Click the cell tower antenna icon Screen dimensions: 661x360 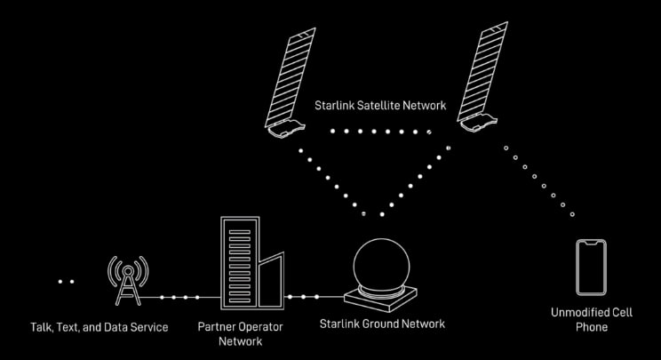coord(128,280)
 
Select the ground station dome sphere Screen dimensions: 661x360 coord(381,265)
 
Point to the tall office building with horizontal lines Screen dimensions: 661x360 coord(240,262)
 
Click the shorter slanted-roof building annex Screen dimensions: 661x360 coord(271,281)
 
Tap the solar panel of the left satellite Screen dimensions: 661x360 coord(291,77)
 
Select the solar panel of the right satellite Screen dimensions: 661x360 coord(482,72)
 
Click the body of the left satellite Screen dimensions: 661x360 coord(287,128)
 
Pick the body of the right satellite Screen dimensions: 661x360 coord(479,123)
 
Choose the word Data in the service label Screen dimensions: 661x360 coord(115,327)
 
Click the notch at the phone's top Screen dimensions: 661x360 coord(591,243)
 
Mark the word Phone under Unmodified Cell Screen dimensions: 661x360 coord(592,327)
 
